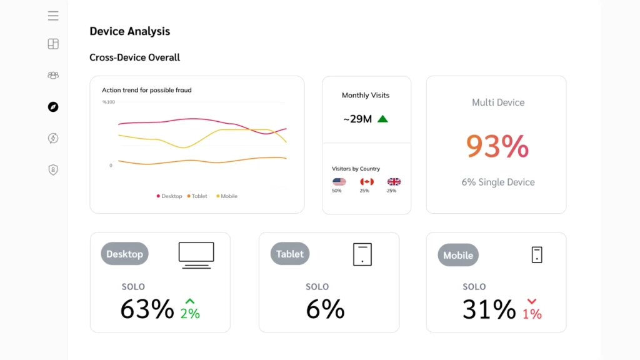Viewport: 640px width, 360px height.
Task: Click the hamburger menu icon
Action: (x=53, y=16)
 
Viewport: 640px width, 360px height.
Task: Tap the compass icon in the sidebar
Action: (x=53, y=107)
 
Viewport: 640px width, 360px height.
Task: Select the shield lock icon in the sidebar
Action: (x=53, y=169)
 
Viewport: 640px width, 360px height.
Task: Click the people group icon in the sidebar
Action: (x=53, y=75)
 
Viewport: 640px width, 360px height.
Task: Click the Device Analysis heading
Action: (x=129, y=31)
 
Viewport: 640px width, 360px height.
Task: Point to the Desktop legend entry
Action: (x=169, y=196)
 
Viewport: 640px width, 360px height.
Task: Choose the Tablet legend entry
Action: (x=197, y=196)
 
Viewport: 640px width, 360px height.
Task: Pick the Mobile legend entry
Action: (x=227, y=196)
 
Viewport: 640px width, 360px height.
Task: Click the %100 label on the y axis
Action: (x=109, y=101)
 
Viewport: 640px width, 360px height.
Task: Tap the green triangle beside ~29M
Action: (x=382, y=119)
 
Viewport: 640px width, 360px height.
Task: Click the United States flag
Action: (x=339, y=182)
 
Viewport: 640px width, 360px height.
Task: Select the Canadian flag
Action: (x=367, y=182)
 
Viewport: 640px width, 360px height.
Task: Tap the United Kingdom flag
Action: (x=394, y=182)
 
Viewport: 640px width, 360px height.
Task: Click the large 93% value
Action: (x=497, y=146)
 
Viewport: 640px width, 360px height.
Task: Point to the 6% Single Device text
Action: (x=498, y=182)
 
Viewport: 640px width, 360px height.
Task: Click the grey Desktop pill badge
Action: (x=124, y=254)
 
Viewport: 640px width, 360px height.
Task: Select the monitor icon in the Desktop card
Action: (x=196, y=255)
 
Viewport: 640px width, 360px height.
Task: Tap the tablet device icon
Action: (x=362, y=254)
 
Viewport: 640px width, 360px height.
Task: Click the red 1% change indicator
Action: (x=532, y=310)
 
